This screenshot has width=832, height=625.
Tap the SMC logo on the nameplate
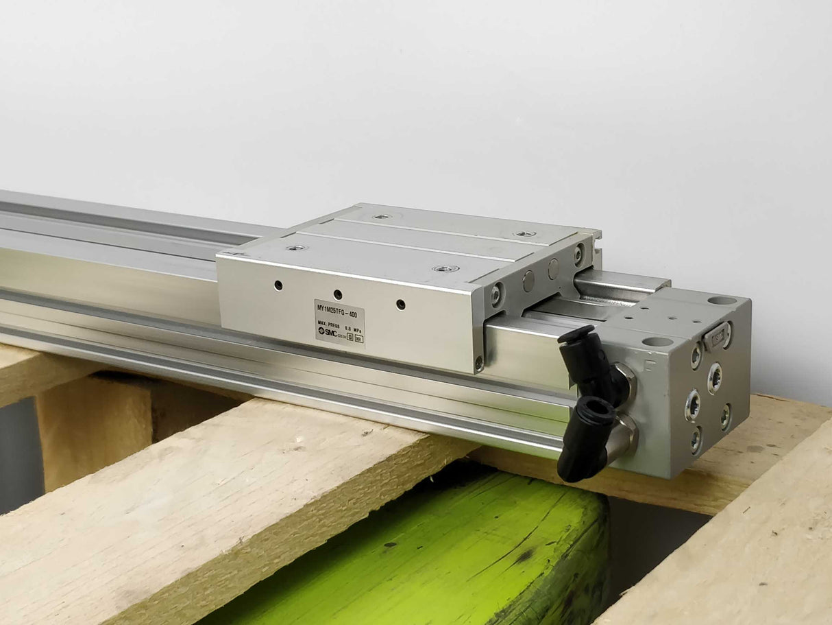coord(327,333)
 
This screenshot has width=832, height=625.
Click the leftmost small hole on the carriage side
coord(278,284)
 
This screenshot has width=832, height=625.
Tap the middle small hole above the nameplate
coord(338,294)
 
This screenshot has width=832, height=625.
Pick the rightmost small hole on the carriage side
coord(400,304)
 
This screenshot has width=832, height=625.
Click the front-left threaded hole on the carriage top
coord(297,247)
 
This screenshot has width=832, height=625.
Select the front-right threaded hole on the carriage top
coord(442,268)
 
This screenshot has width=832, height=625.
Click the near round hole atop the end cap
coord(658,341)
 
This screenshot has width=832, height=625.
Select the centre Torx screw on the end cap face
coord(714,378)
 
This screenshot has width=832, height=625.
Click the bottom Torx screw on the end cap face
coord(696,440)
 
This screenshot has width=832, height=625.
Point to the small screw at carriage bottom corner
coord(479,362)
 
